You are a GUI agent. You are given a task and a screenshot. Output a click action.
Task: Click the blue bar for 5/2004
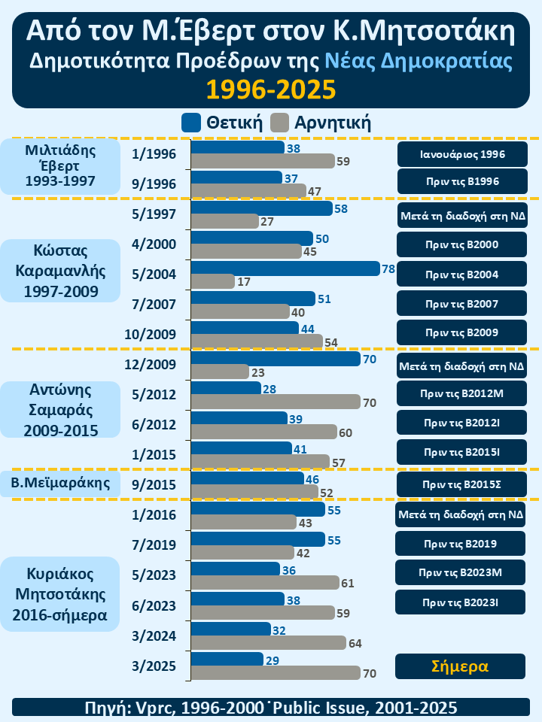pos(285,268)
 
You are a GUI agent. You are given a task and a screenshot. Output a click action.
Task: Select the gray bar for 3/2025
pos(276,673)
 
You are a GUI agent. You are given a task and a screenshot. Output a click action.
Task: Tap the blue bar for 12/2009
pos(276,358)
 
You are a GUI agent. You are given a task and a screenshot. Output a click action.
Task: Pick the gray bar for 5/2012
pos(276,402)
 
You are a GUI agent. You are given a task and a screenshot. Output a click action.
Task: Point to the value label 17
pos(244,282)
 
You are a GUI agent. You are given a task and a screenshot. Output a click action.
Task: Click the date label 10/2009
pos(154,334)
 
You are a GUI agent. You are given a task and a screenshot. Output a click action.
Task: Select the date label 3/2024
pos(154,635)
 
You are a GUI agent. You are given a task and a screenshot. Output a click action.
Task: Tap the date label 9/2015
pos(154,484)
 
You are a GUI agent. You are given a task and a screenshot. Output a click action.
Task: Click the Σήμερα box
pos(461,666)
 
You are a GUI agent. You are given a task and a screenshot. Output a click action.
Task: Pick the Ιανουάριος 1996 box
pos(461,154)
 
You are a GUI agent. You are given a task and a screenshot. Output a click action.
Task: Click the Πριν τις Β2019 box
pos(461,543)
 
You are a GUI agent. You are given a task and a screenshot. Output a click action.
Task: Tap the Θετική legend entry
pos(223,122)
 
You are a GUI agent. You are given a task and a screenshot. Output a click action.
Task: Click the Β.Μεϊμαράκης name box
pos(60,483)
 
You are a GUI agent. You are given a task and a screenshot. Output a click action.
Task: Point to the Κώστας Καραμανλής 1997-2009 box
pos(60,271)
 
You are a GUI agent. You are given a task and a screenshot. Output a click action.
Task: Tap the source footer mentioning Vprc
pos(271,707)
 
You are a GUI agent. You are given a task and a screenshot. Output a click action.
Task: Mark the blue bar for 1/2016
pos(258,508)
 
